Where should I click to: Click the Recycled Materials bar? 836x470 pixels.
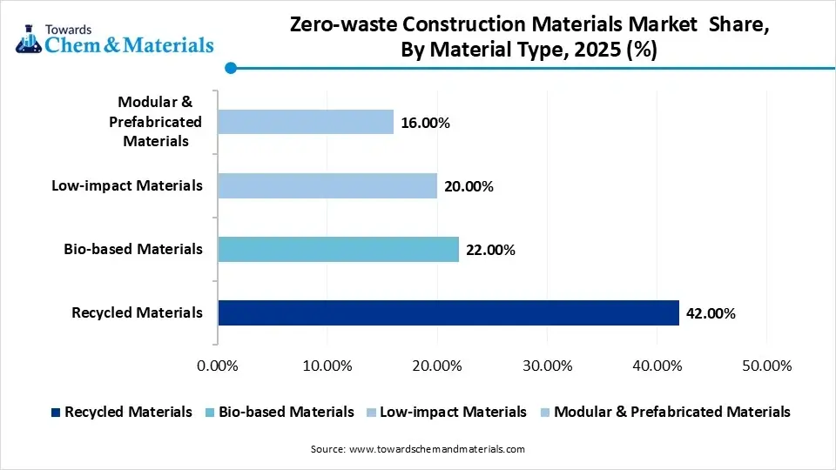click(x=448, y=312)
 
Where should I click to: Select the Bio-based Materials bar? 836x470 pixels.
click(x=338, y=250)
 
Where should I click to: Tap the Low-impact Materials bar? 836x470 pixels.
click(x=327, y=185)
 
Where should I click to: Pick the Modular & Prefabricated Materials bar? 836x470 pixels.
click(x=305, y=122)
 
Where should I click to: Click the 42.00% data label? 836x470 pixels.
click(x=711, y=313)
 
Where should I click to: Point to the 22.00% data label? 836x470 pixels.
click(x=491, y=251)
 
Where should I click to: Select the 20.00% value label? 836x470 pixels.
click(x=469, y=186)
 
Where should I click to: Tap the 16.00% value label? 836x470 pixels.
click(x=425, y=124)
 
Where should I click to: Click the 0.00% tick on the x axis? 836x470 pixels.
click(x=218, y=366)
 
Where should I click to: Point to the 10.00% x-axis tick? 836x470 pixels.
click(x=327, y=366)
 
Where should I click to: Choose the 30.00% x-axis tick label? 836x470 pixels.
click(x=547, y=366)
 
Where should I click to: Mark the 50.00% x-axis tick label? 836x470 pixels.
click(x=766, y=366)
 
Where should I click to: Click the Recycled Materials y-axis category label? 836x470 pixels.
click(x=138, y=312)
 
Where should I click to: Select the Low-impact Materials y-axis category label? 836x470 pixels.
click(x=127, y=185)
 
